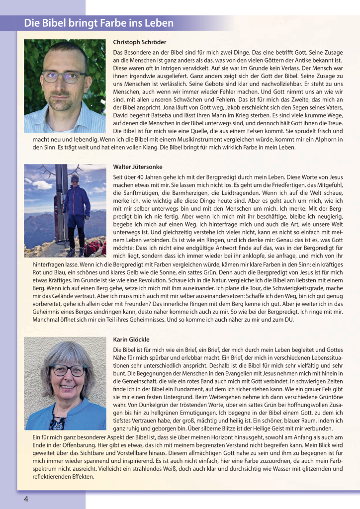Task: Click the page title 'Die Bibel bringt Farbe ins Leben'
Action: [99, 23]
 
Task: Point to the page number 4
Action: [26, 499]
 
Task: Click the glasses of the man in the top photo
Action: [63, 77]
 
